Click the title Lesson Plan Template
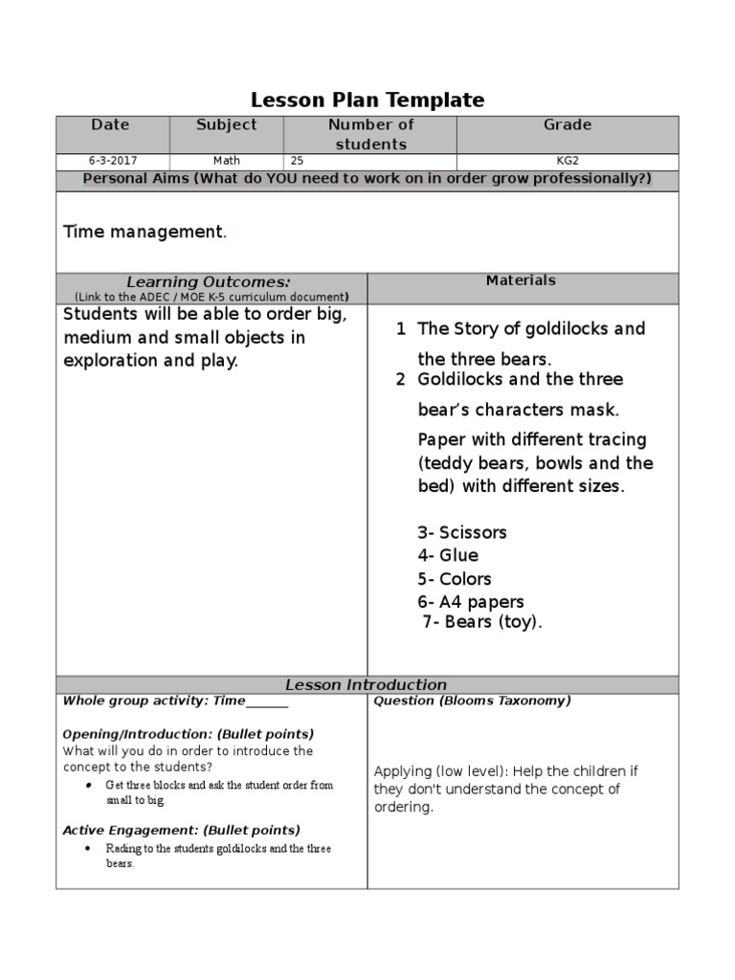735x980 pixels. pos(367,100)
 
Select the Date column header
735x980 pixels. pos(110,124)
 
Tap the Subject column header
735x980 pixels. pos(226,124)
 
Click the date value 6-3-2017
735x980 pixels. pos(110,161)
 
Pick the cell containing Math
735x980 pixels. pos(227,161)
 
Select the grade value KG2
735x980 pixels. pos(568,161)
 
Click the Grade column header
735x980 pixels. pos(568,124)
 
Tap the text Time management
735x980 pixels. pos(143,232)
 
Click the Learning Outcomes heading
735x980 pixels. pos(209,281)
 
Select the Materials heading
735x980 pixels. pos(521,280)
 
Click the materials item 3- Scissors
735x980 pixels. pos(462,532)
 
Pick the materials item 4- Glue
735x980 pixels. pos(448,555)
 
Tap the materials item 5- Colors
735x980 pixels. pos(455,579)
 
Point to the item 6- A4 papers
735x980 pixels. pos(471,602)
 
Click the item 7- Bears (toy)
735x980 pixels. pos(482,622)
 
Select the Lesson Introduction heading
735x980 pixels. pos(367,684)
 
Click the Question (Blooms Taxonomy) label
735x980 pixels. pos(472,701)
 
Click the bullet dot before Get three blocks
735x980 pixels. pos(88,785)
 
